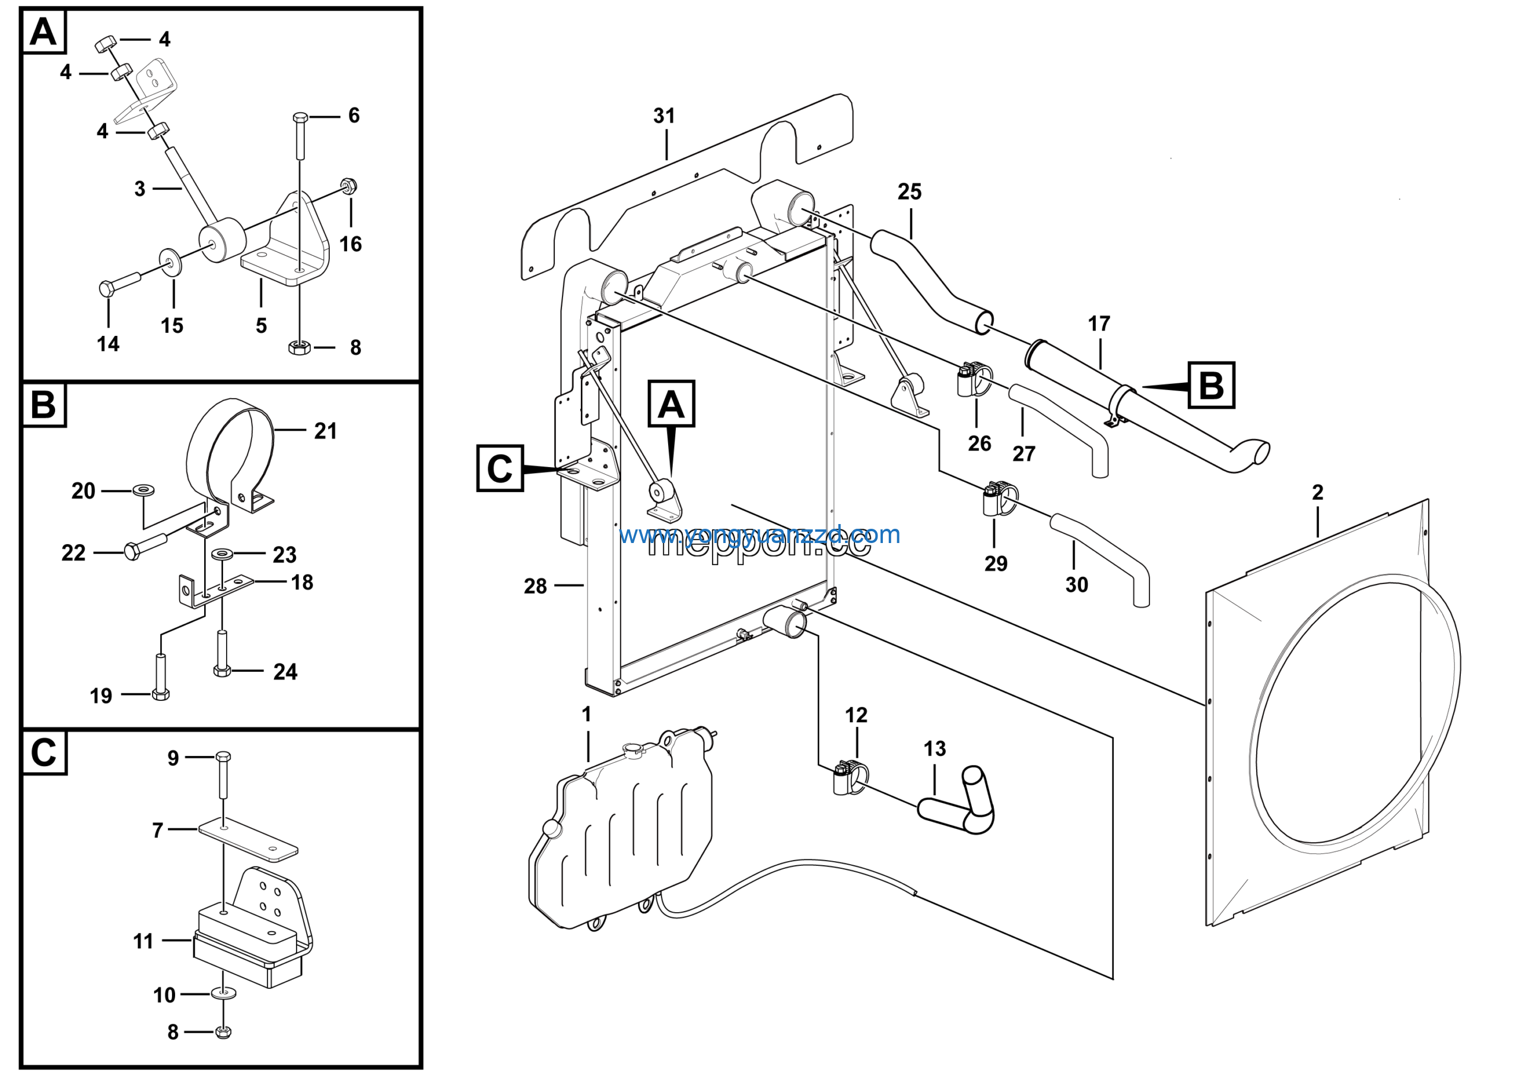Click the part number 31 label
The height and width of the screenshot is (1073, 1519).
tap(663, 116)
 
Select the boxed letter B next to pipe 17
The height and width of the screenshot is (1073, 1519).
tap(1210, 385)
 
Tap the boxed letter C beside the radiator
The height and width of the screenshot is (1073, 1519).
tap(500, 468)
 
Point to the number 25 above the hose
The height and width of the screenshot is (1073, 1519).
tap(909, 192)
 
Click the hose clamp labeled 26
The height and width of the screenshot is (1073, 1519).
tap(973, 379)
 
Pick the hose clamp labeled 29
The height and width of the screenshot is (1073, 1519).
tap(999, 499)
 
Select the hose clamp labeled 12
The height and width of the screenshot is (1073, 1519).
tap(850, 778)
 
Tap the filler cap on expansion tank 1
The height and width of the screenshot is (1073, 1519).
tap(633, 749)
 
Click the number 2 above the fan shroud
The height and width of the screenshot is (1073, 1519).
tap(1317, 492)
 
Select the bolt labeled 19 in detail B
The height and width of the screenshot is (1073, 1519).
tap(160, 675)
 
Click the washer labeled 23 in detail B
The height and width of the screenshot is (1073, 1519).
tap(221, 553)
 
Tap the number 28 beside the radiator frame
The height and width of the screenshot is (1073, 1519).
tap(535, 585)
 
